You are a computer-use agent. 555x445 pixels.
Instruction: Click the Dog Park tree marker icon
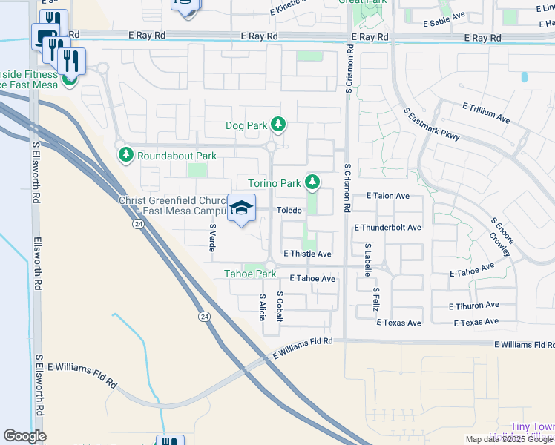(278, 125)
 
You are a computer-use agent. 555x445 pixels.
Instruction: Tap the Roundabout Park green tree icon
(125, 155)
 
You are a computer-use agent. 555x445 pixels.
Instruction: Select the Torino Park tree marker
(313, 182)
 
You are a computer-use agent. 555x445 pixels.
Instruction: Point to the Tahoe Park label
(250, 274)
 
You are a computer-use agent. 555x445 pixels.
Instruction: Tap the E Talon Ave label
(387, 196)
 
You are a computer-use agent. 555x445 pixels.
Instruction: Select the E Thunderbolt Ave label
(387, 228)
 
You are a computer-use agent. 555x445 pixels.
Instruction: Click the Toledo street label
(289, 211)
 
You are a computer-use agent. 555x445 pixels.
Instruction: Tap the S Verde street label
(212, 236)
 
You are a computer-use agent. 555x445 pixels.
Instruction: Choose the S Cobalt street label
(280, 306)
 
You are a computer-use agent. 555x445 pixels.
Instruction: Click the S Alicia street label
(262, 306)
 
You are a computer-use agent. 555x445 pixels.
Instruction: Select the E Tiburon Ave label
(473, 306)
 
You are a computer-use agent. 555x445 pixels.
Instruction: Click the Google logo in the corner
(24, 436)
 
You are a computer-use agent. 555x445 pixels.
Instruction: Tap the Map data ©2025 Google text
(508, 439)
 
